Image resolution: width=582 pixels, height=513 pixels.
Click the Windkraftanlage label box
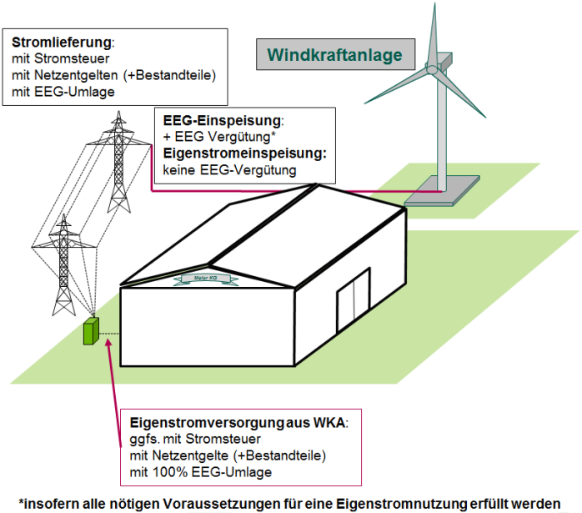tap(334, 56)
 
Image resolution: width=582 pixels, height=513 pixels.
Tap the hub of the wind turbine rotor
tap(432, 67)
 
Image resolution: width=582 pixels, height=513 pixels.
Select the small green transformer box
tap(90, 332)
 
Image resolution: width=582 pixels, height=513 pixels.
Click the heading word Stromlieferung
tap(62, 42)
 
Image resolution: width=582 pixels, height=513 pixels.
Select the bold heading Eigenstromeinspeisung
tap(243, 153)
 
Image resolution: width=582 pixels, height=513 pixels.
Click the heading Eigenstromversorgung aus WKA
tap(238, 422)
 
